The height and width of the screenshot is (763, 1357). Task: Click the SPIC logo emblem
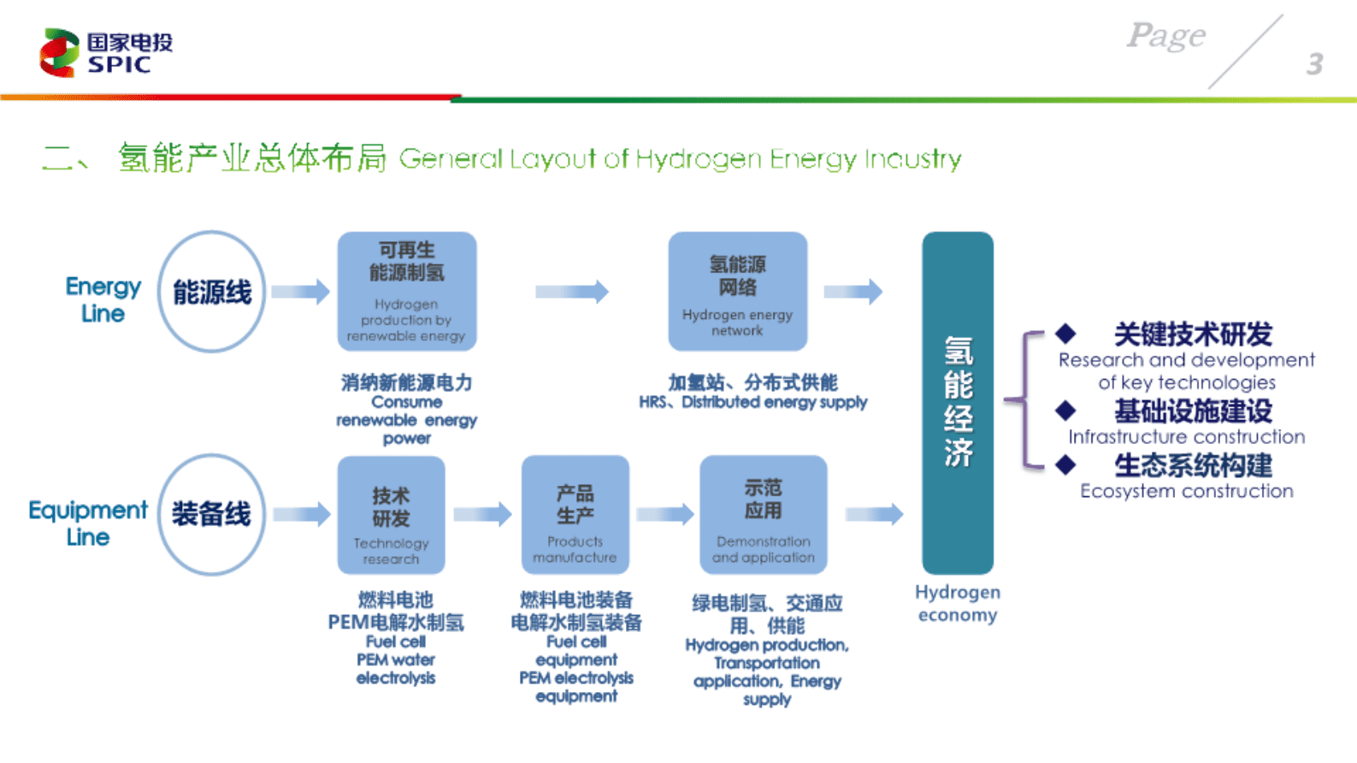click(59, 52)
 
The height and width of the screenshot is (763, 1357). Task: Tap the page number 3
click(1314, 64)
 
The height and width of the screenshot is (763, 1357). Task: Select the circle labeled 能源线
click(212, 292)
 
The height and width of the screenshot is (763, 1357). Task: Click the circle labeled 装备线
click(211, 514)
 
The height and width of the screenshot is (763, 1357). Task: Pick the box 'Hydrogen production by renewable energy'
click(407, 291)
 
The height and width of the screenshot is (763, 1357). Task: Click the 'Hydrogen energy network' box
click(737, 291)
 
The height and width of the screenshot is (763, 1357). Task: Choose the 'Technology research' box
click(391, 515)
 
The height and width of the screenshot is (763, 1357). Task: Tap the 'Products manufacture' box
click(575, 515)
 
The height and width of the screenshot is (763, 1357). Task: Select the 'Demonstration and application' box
click(763, 515)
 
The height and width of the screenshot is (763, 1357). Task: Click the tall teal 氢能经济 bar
click(957, 402)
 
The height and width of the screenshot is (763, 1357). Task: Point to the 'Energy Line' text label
click(103, 299)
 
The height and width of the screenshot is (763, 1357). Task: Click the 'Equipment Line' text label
click(87, 523)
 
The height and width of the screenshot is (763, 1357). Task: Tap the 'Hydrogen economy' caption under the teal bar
click(957, 603)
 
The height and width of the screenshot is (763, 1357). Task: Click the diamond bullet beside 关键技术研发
click(1065, 333)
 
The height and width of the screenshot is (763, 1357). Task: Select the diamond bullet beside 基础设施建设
click(1065, 411)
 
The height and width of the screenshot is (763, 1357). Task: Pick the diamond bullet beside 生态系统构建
click(1065, 464)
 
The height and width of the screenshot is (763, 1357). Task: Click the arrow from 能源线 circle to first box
click(300, 292)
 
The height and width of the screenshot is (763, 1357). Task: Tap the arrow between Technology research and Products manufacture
click(482, 514)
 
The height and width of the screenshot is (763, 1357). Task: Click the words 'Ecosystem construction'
click(1186, 491)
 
